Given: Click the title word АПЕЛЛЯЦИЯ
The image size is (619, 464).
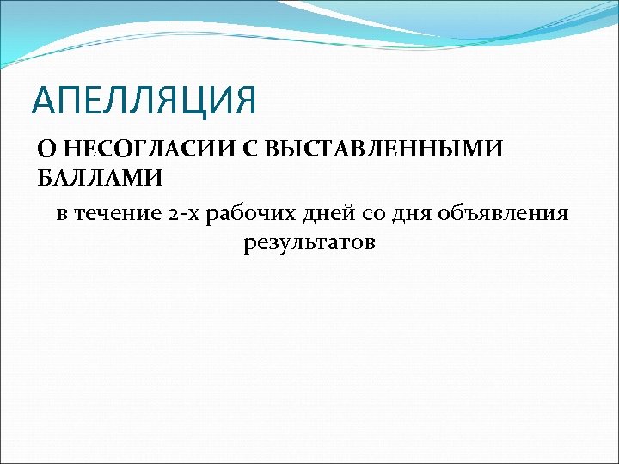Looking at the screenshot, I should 144,100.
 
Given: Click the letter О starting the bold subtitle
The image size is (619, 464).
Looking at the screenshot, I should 46,150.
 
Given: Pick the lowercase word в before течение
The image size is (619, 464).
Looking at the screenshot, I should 62,213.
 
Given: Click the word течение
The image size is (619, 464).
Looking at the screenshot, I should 113,213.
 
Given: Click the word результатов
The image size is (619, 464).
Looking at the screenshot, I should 309,243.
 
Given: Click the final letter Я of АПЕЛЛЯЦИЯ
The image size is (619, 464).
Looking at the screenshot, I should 245,100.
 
